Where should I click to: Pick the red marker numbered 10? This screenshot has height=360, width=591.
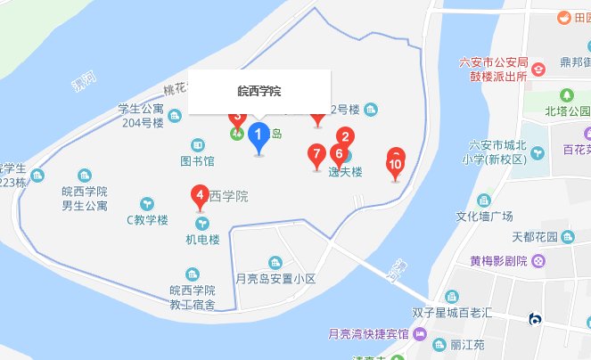tap(396, 163)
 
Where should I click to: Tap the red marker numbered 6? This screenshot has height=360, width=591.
tap(338, 154)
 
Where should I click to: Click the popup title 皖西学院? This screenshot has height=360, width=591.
tap(259, 91)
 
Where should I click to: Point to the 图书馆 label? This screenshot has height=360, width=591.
tap(197, 162)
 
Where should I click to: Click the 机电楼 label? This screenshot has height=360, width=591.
tap(202, 240)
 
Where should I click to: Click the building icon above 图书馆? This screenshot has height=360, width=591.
tap(198, 144)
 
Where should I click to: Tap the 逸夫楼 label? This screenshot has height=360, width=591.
tap(344, 173)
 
